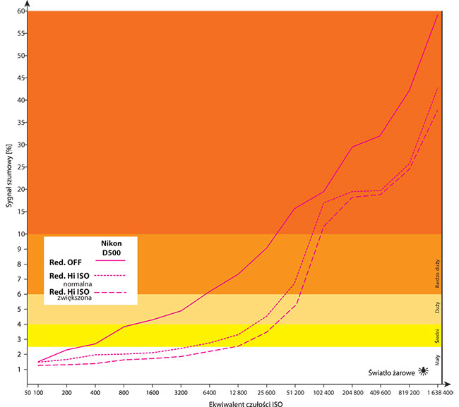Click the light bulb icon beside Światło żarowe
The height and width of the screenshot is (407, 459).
point(423,370)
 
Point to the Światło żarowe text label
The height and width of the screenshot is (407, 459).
point(391,370)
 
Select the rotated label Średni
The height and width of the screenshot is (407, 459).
point(439,335)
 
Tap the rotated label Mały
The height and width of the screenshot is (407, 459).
point(439,359)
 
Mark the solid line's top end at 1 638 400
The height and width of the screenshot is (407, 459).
point(438,14)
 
